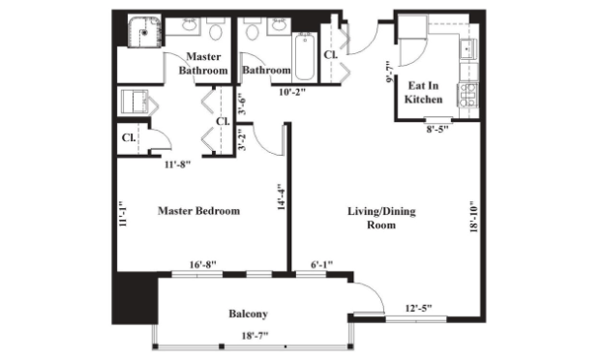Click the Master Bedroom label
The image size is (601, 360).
pos(199,211)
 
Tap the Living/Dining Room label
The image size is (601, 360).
pos(381,218)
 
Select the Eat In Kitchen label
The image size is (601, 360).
pos(423,92)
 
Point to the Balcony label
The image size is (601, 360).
pos(248,314)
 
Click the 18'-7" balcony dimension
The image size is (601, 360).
pos(255,336)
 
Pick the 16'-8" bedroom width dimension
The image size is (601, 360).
pos(203,264)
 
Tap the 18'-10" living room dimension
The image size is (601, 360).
pos(474,218)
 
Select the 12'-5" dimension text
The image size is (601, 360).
pos(418,308)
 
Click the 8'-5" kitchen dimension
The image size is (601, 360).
pos(437,129)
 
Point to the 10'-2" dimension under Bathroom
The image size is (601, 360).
pos(292,92)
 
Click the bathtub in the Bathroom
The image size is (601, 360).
pos(305,57)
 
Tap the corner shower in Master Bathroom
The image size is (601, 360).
pos(144,31)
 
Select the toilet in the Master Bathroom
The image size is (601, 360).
pos(216,30)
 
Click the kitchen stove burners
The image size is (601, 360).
pos(467,96)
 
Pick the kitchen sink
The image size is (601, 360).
pos(468,48)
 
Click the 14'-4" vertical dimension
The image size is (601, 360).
pos(281,196)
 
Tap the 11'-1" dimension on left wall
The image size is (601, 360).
pos(123,214)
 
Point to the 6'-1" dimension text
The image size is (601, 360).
pos(321,264)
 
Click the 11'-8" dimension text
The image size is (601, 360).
pos(177,165)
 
